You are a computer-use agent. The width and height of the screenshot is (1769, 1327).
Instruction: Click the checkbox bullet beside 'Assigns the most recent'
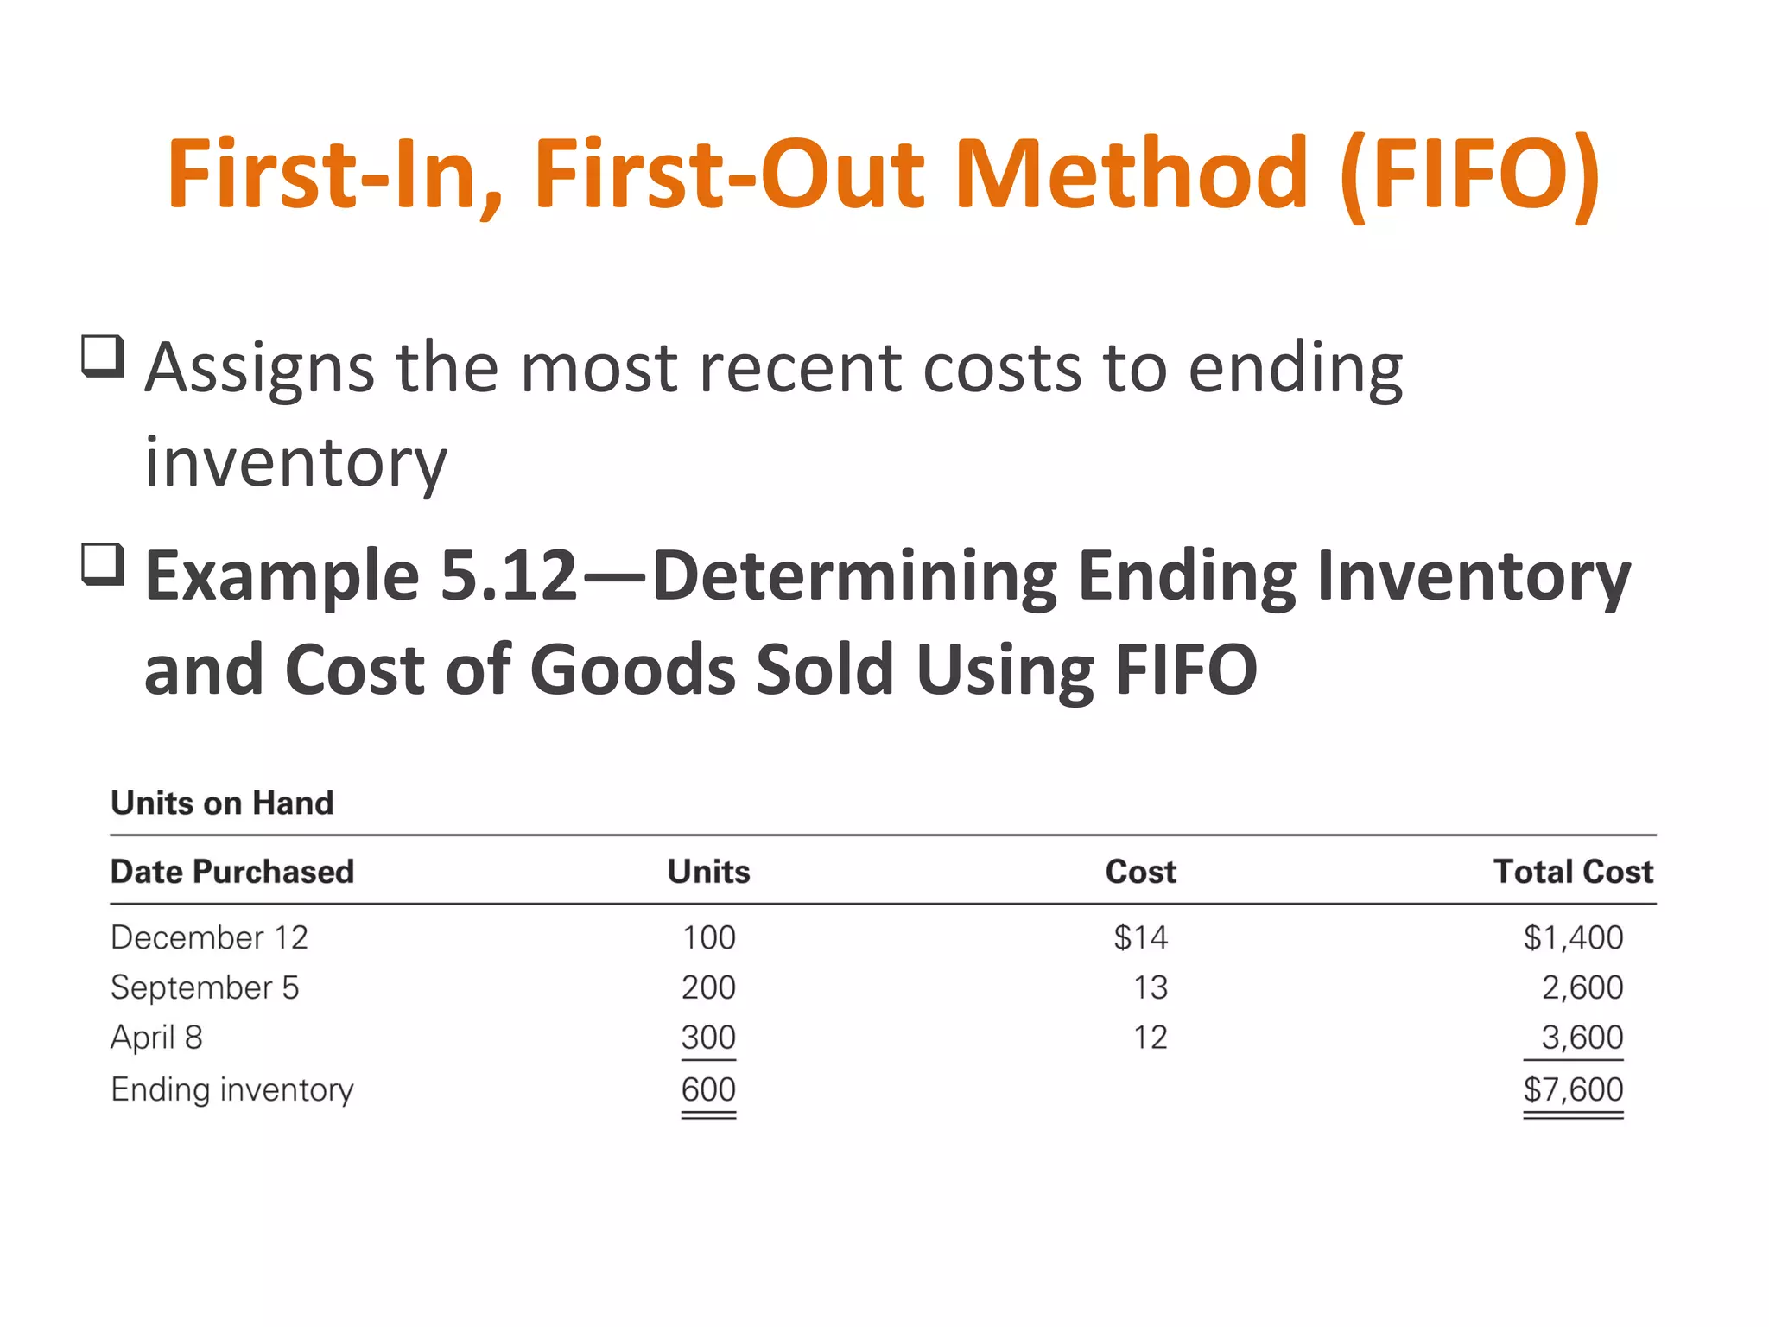tap(103, 356)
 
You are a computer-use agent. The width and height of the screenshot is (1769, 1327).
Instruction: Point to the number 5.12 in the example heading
tap(508, 575)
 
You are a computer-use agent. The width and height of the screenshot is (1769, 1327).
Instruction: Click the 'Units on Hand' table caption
tap(222, 803)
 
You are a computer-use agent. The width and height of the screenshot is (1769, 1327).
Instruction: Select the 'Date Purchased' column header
tap(232, 872)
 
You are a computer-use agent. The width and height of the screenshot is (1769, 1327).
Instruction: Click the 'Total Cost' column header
tap(1573, 872)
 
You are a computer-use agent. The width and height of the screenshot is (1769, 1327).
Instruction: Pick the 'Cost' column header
tap(1140, 872)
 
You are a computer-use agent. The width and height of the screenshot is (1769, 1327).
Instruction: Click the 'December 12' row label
tap(209, 937)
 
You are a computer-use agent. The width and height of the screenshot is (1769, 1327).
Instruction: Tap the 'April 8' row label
tap(156, 1038)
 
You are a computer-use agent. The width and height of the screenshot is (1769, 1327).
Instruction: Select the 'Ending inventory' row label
tap(232, 1089)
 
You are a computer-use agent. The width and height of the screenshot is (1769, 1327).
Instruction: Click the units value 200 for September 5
tap(708, 987)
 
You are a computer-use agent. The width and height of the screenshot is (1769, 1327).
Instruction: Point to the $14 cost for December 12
tap(1140, 937)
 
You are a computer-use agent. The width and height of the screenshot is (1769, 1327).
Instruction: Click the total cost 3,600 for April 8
tap(1582, 1038)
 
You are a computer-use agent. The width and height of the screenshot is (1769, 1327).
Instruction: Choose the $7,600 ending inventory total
tap(1573, 1089)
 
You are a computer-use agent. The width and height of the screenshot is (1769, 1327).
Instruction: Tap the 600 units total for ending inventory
tap(708, 1089)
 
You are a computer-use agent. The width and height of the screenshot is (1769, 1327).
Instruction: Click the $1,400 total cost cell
tap(1573, 937)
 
